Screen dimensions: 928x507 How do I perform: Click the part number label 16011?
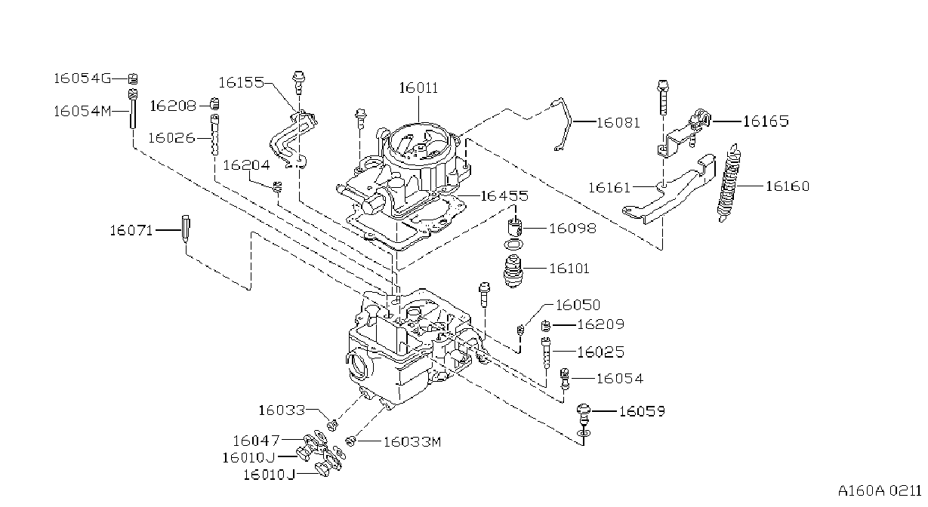click(x=418, y=88)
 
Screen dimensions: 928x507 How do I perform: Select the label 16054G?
click(x=82, y=78)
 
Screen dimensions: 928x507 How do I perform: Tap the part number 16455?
click(x=504, y=195)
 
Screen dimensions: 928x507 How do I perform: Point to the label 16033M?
click(x=412, y=442)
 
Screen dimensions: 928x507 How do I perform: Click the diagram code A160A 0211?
click(x=880, y=491)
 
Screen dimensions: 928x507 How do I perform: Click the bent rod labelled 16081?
click(x=563, y=124)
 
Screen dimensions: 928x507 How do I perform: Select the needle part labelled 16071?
click(x=186, y=229)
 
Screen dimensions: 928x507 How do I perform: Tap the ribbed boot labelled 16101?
click(x=513, y=271)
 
